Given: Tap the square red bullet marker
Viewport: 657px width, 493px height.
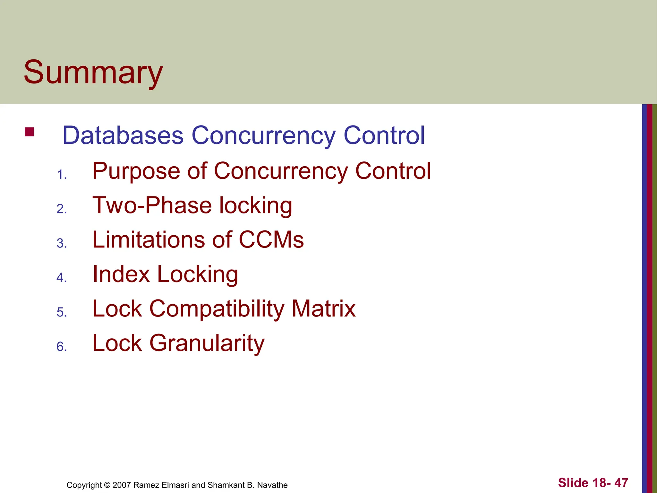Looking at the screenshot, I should coord(29,132).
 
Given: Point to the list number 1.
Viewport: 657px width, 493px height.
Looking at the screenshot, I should coord(61,175).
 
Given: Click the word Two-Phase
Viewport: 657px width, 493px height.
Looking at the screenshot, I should coord(152,205).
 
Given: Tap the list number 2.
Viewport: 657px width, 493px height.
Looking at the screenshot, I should coord(61,209).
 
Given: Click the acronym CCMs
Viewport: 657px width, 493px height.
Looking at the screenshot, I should coord(271,240).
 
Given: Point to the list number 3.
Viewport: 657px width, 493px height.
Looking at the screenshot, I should coord(61,244).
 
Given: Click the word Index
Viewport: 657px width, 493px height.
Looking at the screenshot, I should coord(121,274).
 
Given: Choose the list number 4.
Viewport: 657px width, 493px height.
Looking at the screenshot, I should coord(61,278).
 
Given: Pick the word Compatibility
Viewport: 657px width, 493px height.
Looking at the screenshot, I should coord(217,309).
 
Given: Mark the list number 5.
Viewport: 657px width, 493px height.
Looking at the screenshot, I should coord(61,312).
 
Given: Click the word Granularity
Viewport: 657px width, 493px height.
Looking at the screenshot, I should coord(207,343).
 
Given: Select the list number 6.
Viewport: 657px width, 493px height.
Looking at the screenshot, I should coord(61,347).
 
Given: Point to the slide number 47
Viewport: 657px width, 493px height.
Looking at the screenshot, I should coord(621,483).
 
